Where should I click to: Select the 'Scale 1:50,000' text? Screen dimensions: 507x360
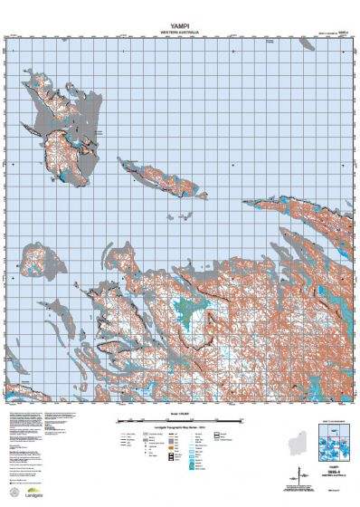pyautogui.click(x=180, y=414)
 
